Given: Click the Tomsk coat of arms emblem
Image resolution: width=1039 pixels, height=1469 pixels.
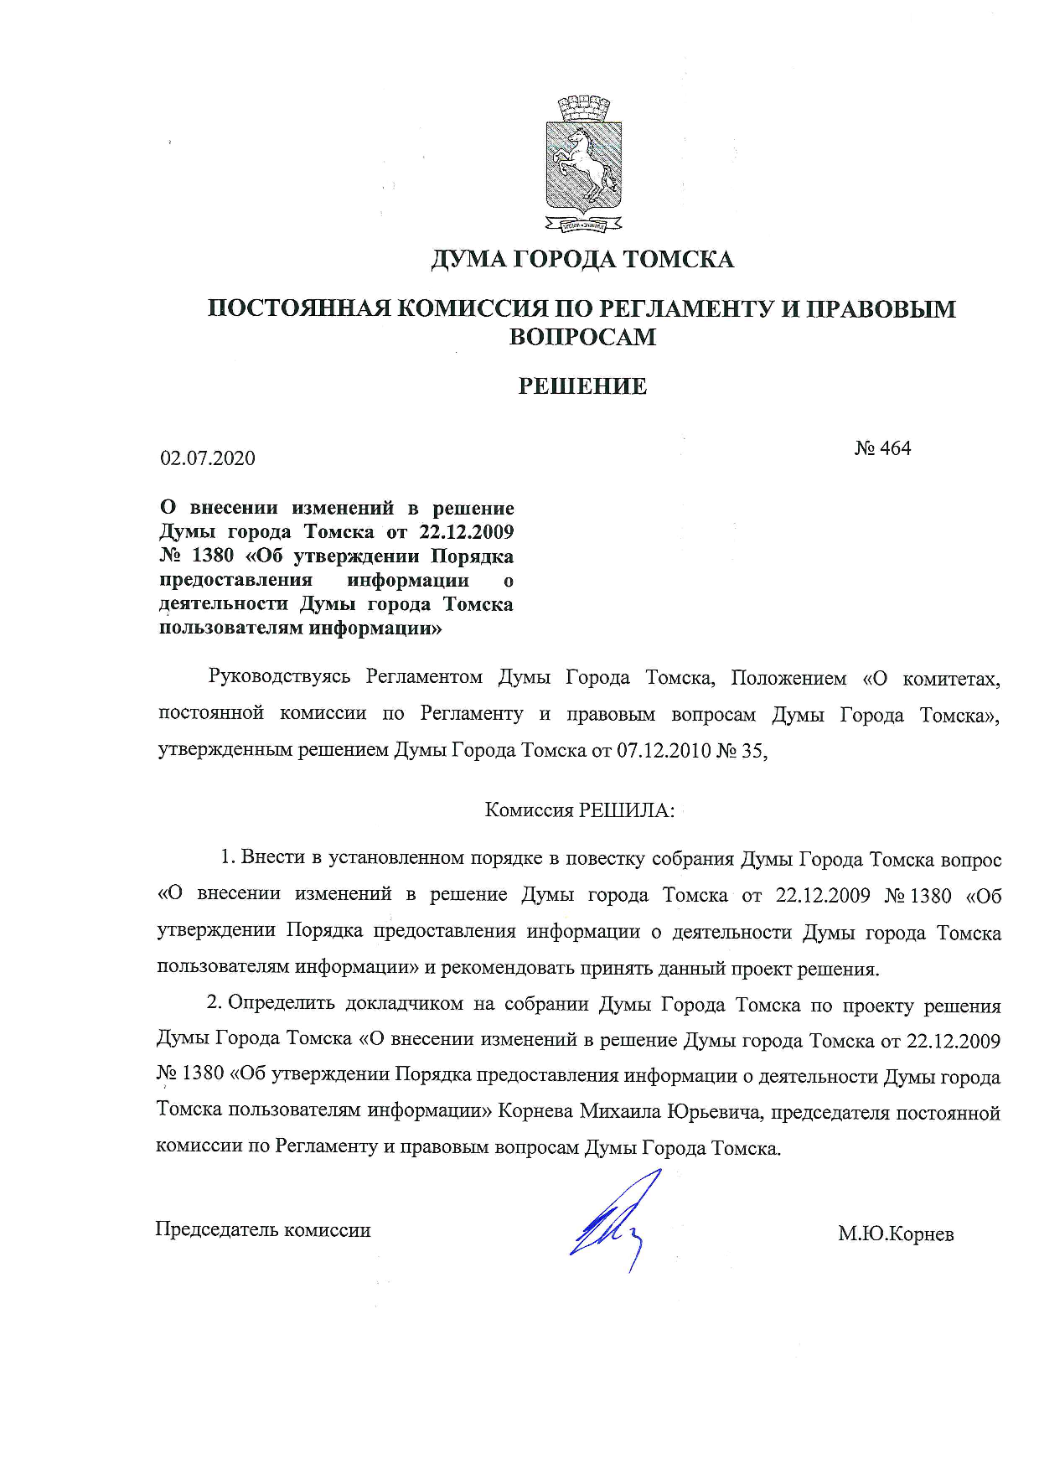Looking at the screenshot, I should (583, 164).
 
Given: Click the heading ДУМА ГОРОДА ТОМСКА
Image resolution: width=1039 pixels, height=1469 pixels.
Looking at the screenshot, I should (582, 260).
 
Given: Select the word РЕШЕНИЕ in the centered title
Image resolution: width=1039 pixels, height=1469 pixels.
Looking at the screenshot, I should (582, 386).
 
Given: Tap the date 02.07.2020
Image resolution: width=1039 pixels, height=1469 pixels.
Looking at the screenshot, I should (208, 458).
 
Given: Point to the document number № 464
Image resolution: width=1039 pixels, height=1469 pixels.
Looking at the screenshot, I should (882, 448).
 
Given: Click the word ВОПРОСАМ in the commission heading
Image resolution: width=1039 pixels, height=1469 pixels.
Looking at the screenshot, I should (582, 337).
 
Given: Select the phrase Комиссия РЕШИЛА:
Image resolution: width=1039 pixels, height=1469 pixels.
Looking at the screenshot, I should (580, 810).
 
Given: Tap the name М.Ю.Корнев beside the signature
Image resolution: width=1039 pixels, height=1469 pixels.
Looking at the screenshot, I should (896, 1234).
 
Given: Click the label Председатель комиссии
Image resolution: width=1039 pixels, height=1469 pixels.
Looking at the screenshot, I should (263, 1229).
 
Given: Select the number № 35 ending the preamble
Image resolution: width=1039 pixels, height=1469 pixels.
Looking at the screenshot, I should (742, 750).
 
